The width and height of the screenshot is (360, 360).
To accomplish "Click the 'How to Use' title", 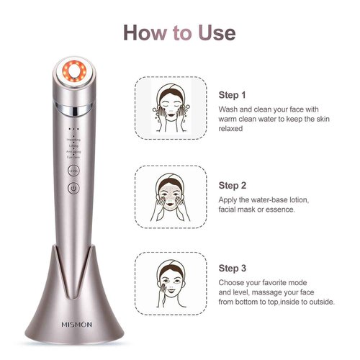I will tap(179, 32).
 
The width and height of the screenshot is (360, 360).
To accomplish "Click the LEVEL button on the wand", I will tap(73, 171).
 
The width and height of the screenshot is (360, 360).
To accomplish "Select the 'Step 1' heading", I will tap(233, 95).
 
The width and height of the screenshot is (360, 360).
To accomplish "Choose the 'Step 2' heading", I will tap(233, 185).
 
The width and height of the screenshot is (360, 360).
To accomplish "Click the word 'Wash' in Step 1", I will tap(230, 109).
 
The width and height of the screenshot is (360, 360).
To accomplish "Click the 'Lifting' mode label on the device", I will tap(73, 145).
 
